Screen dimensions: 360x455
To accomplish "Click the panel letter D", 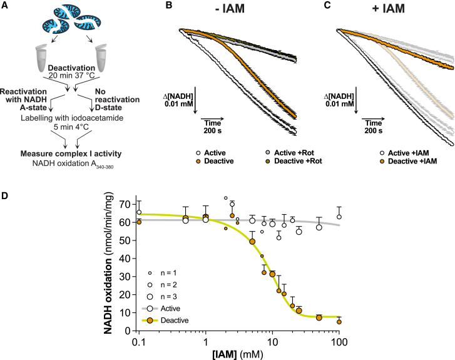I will pyautogui.click(x=6, y=195).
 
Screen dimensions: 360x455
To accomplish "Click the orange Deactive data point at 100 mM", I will pyautogui.click(x=339, y=322).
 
